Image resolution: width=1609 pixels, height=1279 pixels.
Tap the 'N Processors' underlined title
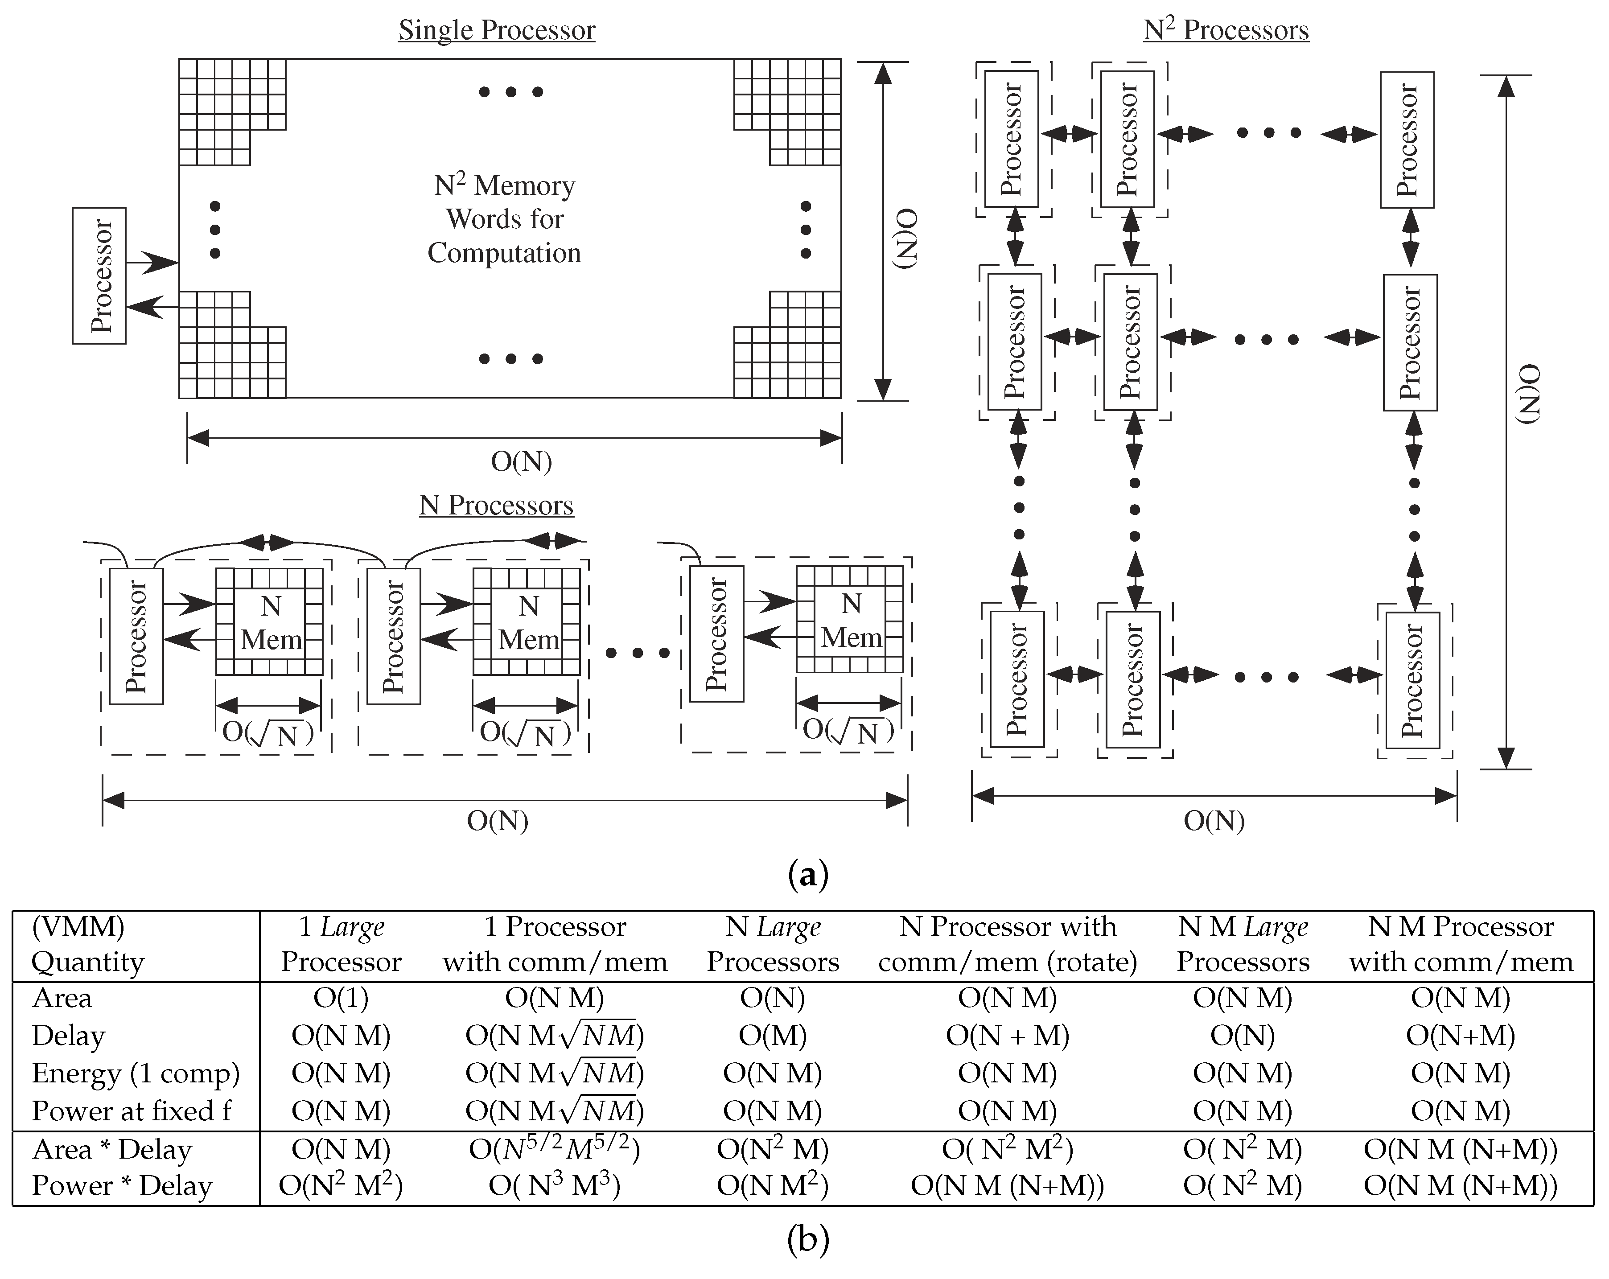tap(496, 505)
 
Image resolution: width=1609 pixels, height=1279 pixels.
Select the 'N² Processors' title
tap(1226, 30)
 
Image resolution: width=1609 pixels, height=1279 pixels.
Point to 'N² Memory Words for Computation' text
tap(505, 219)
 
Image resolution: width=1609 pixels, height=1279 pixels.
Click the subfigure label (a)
tap(807, 873)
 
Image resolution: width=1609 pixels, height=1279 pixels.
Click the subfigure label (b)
tap(807, 1239)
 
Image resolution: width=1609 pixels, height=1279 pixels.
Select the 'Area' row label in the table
tap(62, 998)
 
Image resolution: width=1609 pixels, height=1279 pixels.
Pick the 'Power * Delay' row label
tap(122, 1186)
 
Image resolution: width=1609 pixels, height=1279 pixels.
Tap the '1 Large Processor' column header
tap(341, 944)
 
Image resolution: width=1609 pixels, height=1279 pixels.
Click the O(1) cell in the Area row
tap(341, 998)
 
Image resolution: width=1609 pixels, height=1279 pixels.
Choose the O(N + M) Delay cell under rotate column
tap(1008, 1035)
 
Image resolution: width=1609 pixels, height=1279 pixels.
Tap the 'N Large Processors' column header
tap(773, 944)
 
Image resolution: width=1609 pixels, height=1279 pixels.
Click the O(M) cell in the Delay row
tap(773, 1035)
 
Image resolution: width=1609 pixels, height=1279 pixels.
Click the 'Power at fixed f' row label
tap(132, 1111)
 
